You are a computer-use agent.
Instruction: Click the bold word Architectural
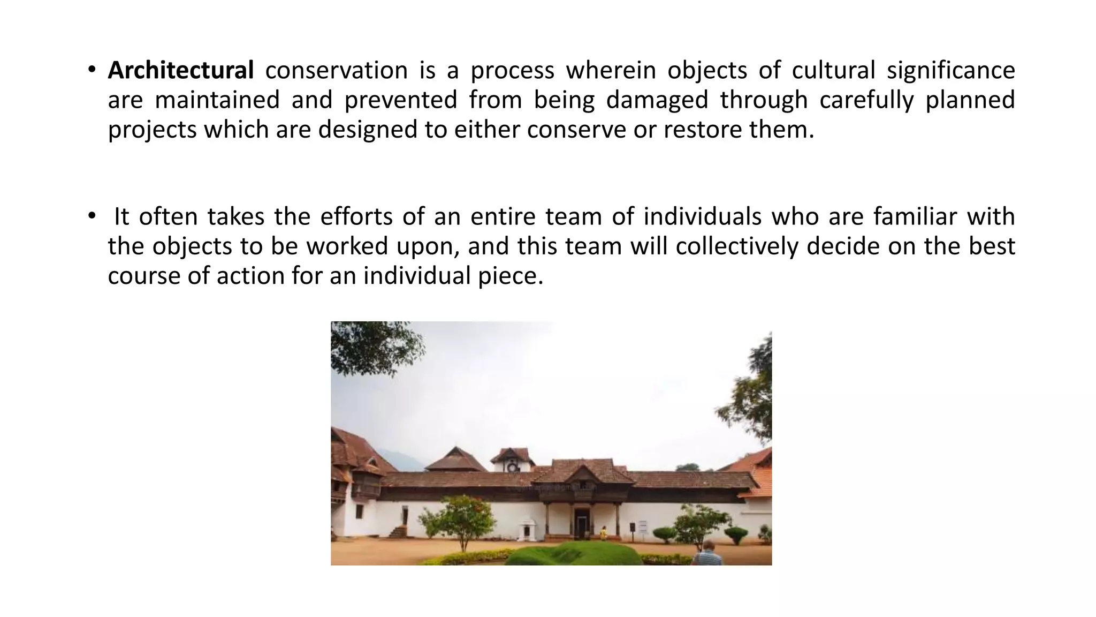tap(180, 71)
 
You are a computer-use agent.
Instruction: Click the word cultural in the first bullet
tap(833, 71)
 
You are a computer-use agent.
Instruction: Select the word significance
tap(950, 71)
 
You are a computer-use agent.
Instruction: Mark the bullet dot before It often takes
tap(92, 215)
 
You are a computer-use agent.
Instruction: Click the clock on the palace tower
tap(512, 466)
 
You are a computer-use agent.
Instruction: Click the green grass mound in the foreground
tap(573, 554)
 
